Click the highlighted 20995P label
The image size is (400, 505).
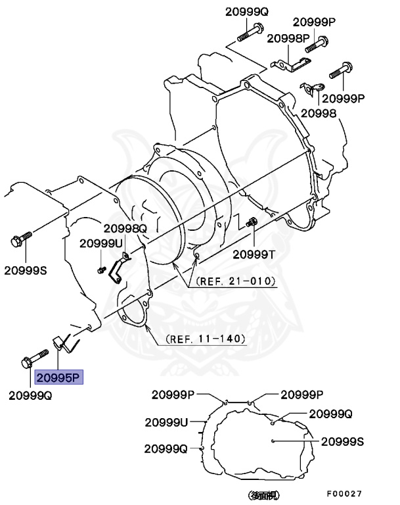(x=57, y=377)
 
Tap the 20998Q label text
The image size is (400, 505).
(x=125, y=228)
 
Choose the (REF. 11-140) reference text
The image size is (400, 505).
(x=206, y=339)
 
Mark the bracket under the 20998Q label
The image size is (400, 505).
(x=118, y=269)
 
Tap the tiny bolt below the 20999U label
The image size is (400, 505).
(x=100, y=269)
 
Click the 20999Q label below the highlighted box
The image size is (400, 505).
(x=30, y=395)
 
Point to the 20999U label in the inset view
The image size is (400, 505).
(x=166, y=421)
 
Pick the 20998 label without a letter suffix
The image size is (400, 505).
(x=319, y=113)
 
